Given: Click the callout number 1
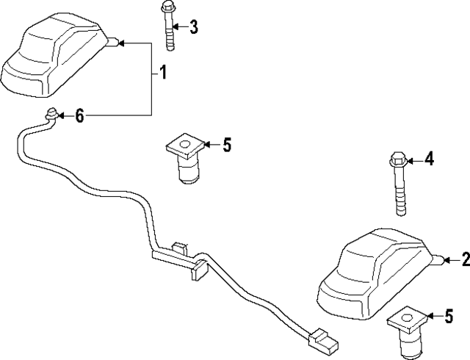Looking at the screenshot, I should tap(163, 73).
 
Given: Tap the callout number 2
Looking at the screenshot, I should tap(463, 259).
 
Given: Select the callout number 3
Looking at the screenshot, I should tap(193, 28).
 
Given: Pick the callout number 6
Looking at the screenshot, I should tap(79, 115).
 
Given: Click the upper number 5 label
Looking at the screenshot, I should tap(226, 145).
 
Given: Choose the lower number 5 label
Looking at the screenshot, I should tap(448, 317).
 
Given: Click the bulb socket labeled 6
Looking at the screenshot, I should tap(52, 115).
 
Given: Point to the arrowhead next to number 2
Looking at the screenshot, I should tap(444, 259).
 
